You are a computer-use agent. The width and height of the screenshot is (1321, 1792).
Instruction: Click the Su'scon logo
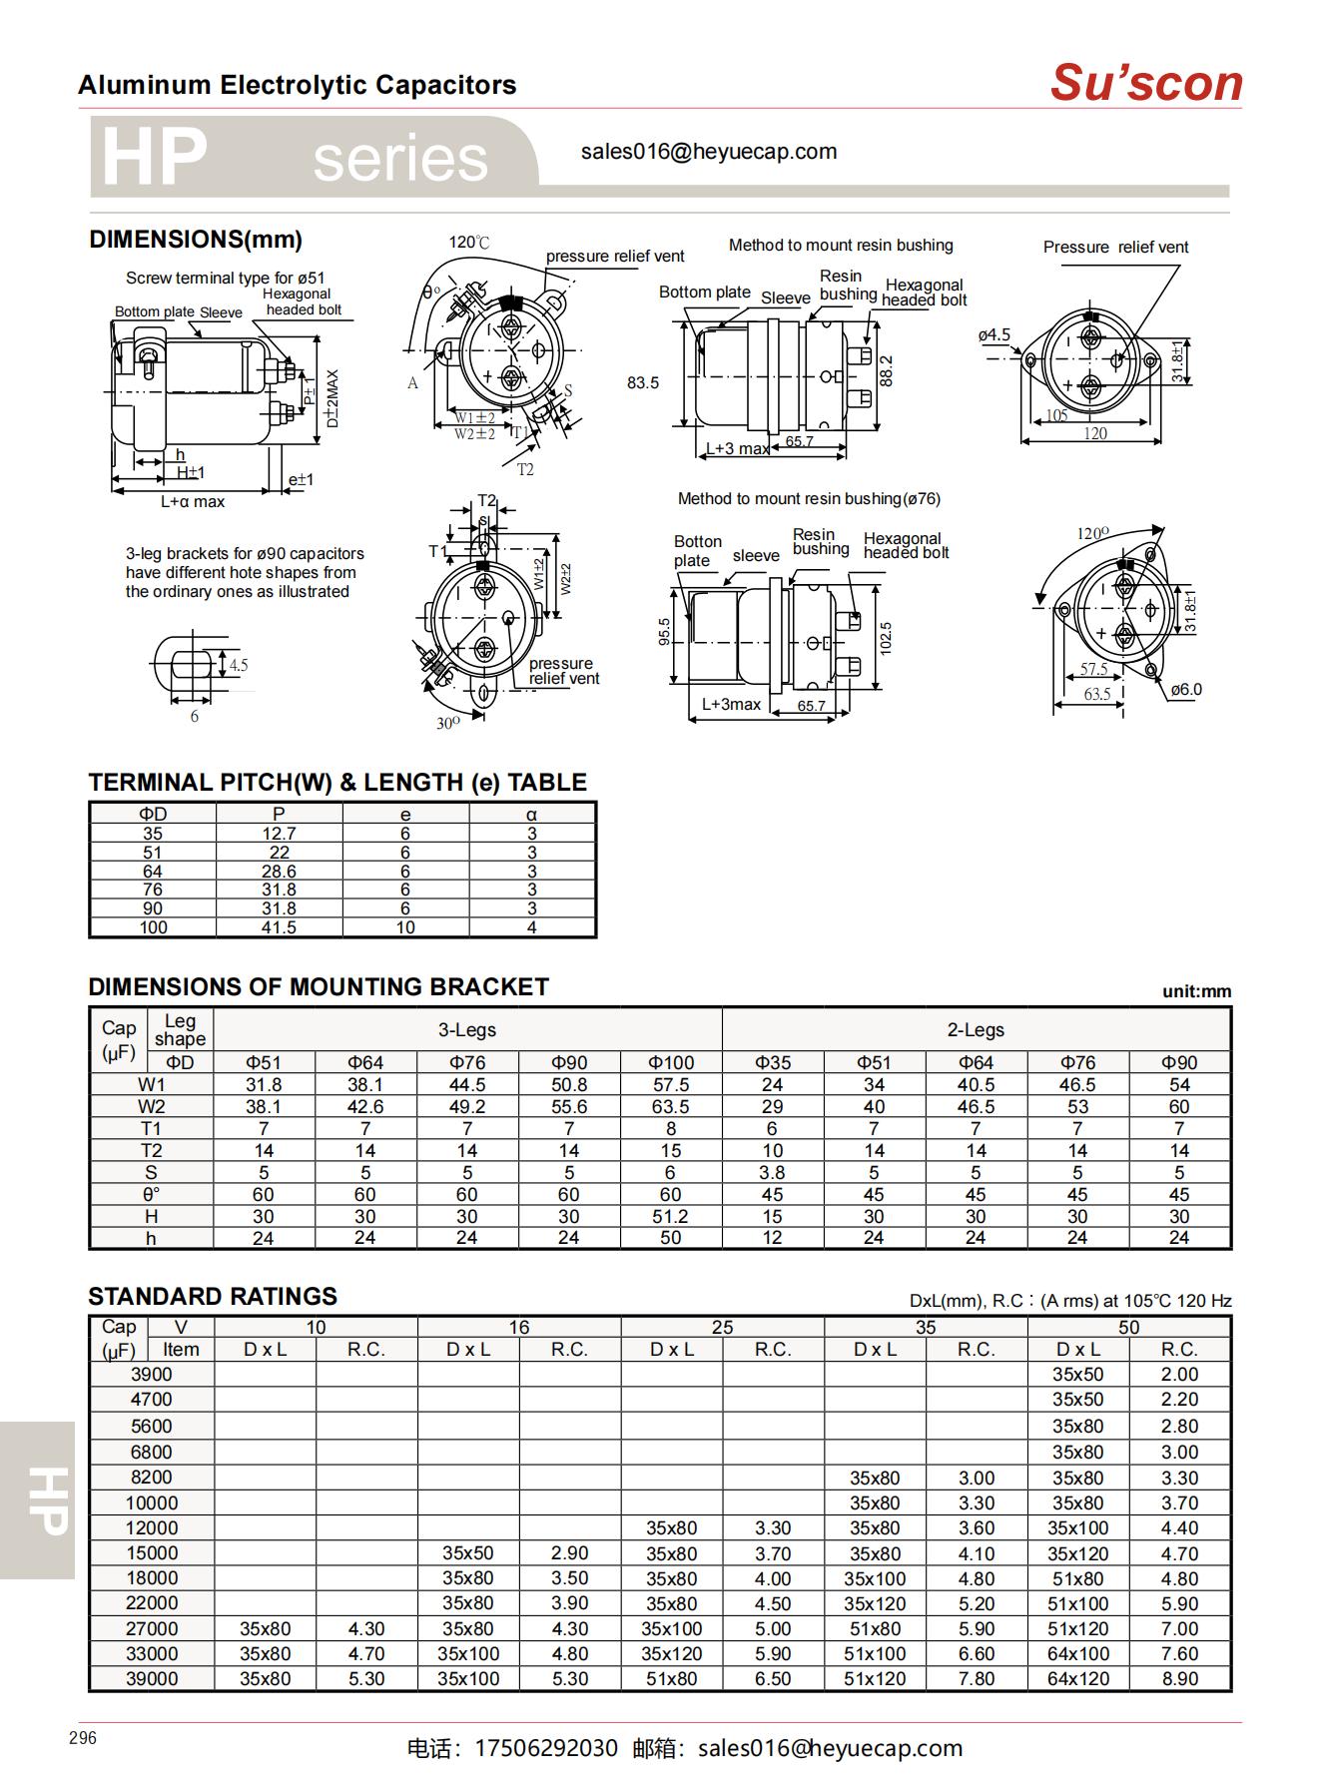click(1145, 83)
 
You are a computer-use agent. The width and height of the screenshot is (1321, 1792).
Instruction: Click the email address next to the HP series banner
click(708, 152)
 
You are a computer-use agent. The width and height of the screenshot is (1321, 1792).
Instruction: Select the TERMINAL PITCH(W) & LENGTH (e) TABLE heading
click(337, 783)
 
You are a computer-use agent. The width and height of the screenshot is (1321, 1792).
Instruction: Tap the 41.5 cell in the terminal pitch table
click(279, 927)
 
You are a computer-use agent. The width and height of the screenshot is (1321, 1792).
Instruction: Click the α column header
click(532, 815)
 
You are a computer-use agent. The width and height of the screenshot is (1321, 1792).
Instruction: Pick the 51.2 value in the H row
click(670, 1216)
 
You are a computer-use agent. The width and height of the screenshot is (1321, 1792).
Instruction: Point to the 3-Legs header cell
click(467, 1030)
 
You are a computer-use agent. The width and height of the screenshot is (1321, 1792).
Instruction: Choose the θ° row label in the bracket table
click(151, 1194)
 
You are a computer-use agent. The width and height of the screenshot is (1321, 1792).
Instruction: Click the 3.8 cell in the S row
click(772, 1172)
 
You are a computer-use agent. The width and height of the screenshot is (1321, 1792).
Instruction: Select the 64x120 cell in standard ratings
click(1077, 1679)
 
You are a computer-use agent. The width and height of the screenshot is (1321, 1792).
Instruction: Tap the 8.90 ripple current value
click(1179, 1679)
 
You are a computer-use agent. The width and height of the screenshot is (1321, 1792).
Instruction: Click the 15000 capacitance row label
click(152, 1553)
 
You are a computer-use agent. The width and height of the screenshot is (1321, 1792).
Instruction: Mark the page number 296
click(83, 1738)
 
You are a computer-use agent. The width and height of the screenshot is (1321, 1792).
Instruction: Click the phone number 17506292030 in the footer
click(546, 1748)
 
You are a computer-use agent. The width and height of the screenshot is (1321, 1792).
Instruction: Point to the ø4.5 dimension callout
click(993, 335)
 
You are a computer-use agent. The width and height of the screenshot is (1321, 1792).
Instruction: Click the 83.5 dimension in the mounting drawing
click(643, 382)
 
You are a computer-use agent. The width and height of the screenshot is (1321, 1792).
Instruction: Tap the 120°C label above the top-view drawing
click(469, 243)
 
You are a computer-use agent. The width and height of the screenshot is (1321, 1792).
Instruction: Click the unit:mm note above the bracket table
click(1196, 991)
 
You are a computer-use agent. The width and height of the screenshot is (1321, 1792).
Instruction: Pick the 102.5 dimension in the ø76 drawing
click(886, 638)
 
